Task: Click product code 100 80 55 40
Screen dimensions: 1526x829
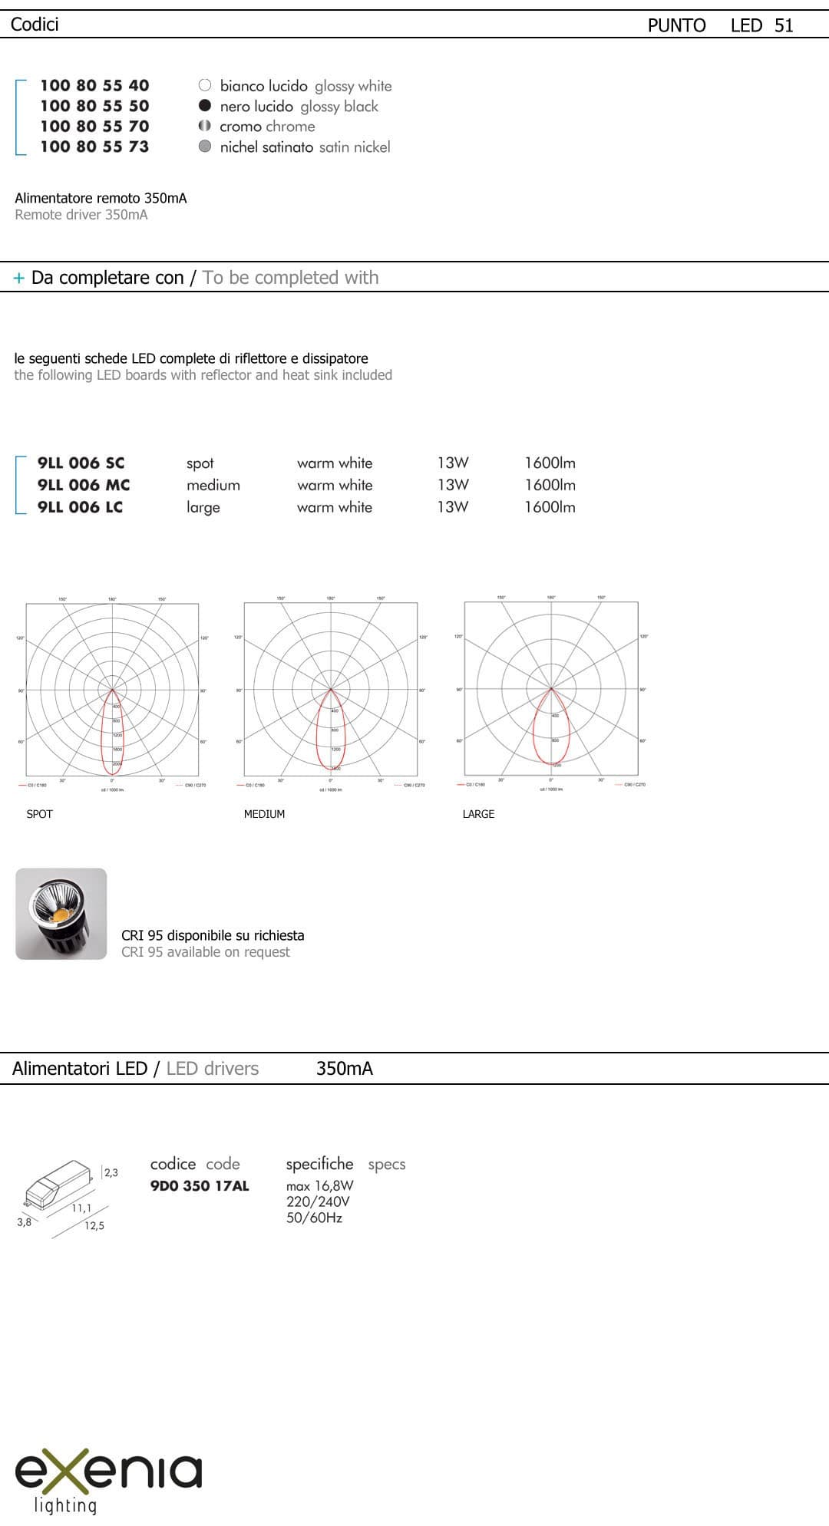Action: (94, 85)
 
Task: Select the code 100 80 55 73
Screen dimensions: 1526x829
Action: (94, 147)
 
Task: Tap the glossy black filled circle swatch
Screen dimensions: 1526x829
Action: (205, 106)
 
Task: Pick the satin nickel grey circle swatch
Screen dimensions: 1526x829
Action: (205, 147)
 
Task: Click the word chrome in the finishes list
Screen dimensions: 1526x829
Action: (289, 127)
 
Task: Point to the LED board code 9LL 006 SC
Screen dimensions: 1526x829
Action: (81, 463)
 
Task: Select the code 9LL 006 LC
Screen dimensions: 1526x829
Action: (80, 507)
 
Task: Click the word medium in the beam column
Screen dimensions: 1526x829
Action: (213, 485)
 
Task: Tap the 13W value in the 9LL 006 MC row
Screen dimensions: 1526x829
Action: (452, 485)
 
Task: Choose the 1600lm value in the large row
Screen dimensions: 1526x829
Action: (550, 507)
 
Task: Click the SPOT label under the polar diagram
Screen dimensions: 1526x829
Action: (40, 814)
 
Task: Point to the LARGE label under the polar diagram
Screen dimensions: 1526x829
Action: (478, 814)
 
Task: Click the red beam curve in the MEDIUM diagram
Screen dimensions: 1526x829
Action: (318, 737)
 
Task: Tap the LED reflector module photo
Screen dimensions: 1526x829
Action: (61, 914)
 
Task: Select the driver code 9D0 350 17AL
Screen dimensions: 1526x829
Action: (200, 1186)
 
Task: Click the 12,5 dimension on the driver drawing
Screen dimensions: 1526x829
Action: (94, 1226)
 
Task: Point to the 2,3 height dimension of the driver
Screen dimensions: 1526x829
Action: (111, 1172)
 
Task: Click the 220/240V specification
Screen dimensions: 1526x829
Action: (318, 1201)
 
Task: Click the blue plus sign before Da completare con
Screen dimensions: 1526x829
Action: (19, 279)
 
